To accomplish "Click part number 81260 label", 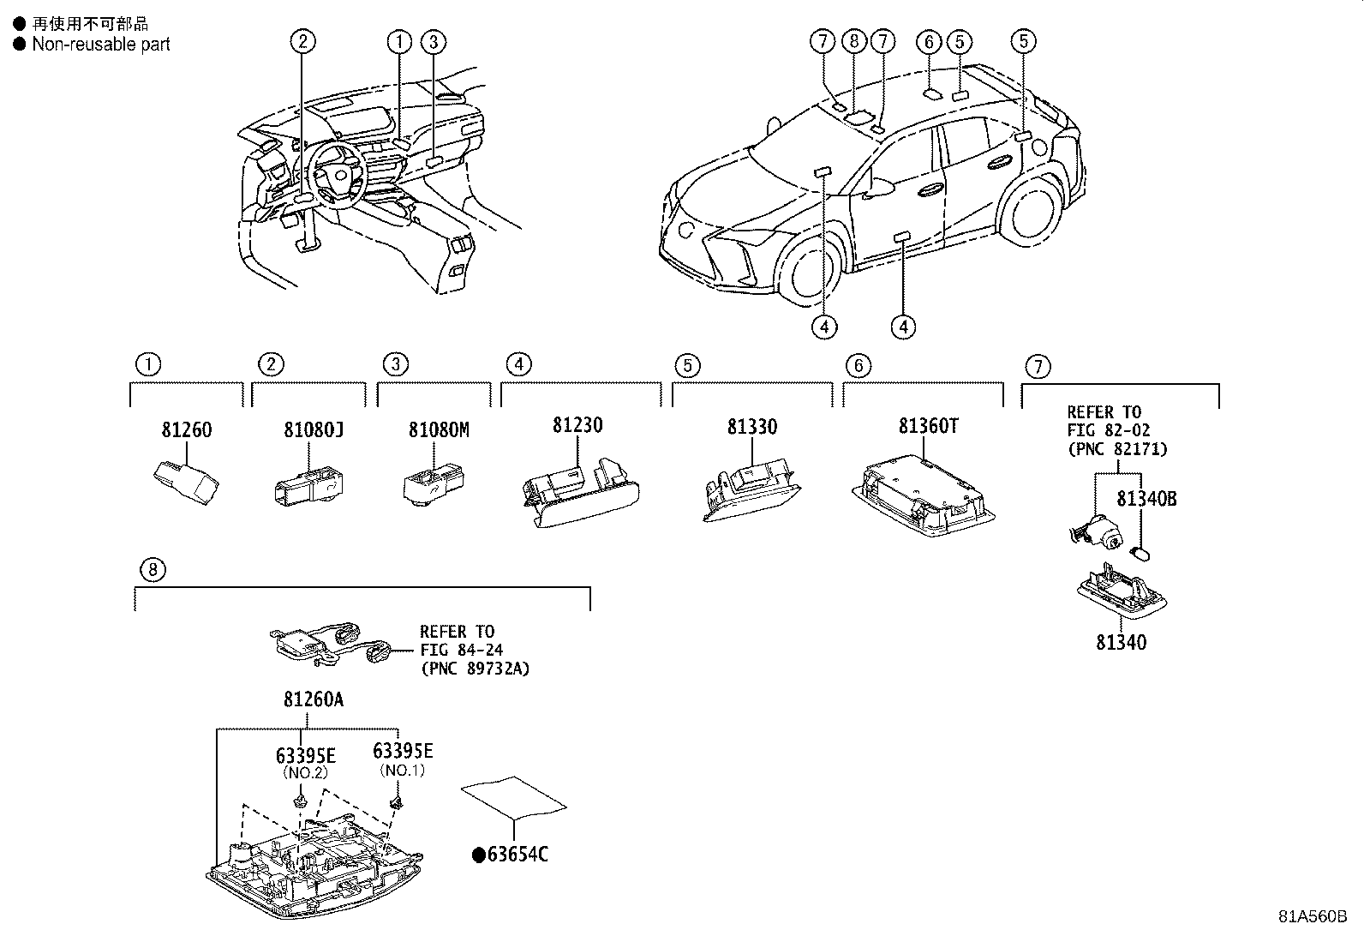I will point(186,429).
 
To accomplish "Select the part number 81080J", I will point(314,429).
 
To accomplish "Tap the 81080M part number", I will point(438,429).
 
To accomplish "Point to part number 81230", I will point(577,425).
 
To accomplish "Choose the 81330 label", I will point(751,427).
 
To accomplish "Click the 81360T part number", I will point(928,425).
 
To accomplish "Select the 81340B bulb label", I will point(1146,499).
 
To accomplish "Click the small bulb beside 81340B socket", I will point(1140,550).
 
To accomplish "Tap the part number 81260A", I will point(313,699).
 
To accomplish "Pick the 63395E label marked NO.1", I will point(403,752).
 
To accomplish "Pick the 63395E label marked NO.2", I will point(305,755).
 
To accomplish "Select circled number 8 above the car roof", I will point(852,40).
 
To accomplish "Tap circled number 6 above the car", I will point(928,40).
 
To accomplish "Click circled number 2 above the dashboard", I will point(302,40).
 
